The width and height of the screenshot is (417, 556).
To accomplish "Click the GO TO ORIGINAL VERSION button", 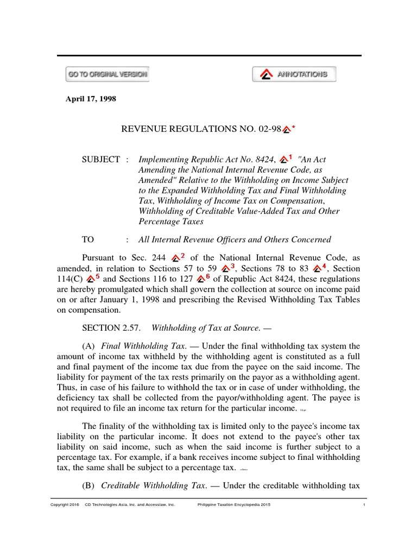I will point(107,74).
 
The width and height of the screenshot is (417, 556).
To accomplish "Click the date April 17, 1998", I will point(91,99).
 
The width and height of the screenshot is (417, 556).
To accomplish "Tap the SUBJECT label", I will point(100,160).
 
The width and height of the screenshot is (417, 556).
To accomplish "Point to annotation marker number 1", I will point(286,159).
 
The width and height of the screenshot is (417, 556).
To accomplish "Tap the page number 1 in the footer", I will point(364,505).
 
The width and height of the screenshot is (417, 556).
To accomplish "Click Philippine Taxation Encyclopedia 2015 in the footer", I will point(233,505).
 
